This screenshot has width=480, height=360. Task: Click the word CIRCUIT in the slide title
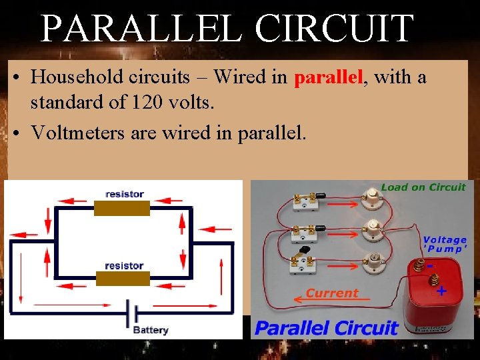335,28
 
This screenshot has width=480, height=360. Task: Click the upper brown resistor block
123,208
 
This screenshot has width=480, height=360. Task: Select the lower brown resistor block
123,279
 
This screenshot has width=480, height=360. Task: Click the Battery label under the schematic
151,330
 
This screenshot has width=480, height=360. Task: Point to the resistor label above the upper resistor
125,194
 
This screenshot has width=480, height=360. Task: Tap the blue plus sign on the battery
441,291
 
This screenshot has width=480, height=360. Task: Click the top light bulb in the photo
371,195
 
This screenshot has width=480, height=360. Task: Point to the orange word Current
332,293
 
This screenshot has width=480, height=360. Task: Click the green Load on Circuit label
423,187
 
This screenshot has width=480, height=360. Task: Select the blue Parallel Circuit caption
327,328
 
